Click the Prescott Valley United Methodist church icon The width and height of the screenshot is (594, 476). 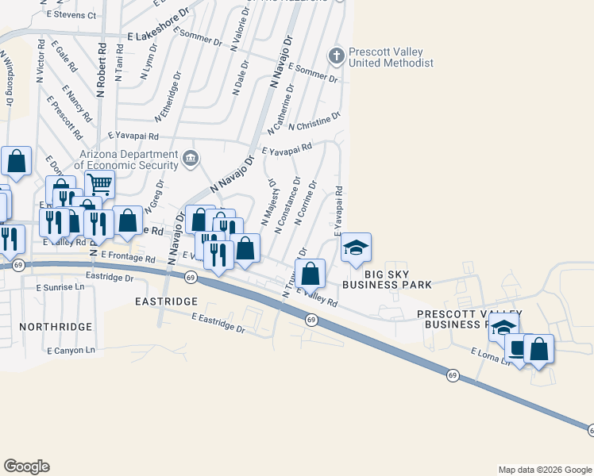336,56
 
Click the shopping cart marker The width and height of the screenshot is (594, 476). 99,184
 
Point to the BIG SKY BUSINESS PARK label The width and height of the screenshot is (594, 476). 388,284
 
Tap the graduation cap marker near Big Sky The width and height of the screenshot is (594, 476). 357,248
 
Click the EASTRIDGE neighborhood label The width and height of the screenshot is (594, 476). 165,302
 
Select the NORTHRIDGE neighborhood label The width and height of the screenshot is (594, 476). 58,326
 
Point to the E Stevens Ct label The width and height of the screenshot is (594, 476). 71,15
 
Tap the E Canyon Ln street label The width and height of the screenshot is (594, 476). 71,350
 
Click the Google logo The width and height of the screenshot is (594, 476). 26,466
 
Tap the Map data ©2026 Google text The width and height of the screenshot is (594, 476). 544,470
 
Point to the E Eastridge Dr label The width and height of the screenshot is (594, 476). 218,322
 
